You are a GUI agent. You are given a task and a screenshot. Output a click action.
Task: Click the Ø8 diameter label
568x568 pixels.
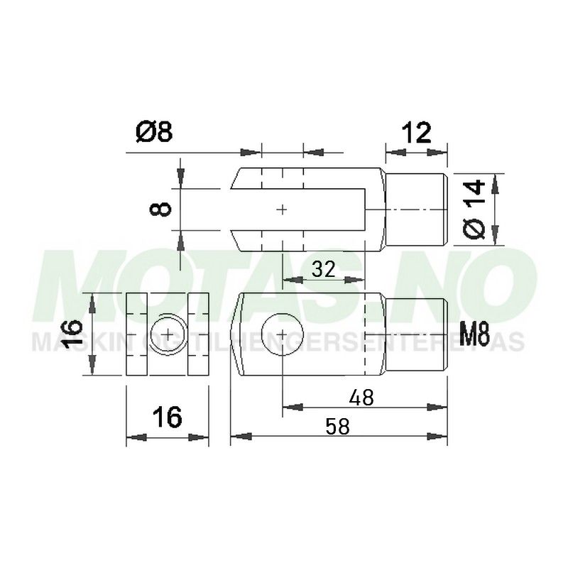click(153, 133)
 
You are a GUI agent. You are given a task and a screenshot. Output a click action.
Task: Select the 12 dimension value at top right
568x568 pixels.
click(417, 133)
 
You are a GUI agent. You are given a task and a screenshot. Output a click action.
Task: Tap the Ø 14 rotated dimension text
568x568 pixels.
click(475, 209)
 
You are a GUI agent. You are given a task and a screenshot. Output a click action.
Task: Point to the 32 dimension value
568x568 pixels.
click(324, 269)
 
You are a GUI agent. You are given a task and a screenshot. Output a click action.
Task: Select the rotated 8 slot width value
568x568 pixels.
click(163, 209)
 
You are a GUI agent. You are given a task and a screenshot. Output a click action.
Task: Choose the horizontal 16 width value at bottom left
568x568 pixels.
click(168, 418)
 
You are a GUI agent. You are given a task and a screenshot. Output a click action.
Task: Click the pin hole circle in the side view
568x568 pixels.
click(283, 333)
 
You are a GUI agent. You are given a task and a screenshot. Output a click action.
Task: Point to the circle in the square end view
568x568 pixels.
click(168, 333)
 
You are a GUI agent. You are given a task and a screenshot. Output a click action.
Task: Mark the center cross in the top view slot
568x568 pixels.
click(283, 209)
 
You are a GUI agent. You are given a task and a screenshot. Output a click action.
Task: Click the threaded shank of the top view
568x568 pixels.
click(417, 209)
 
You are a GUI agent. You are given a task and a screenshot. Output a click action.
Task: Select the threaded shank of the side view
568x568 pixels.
click(417, 334)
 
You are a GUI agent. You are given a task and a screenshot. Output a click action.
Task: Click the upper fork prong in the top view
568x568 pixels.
click(305, 177)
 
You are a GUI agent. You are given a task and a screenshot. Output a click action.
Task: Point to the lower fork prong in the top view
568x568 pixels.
click(305, 240)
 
